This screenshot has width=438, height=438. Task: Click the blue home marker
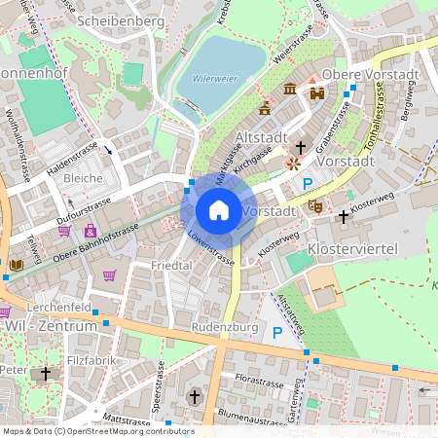pos(219,210)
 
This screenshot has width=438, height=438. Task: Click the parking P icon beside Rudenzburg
pos(276,333)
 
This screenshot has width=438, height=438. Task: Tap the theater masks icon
pos(314,205)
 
